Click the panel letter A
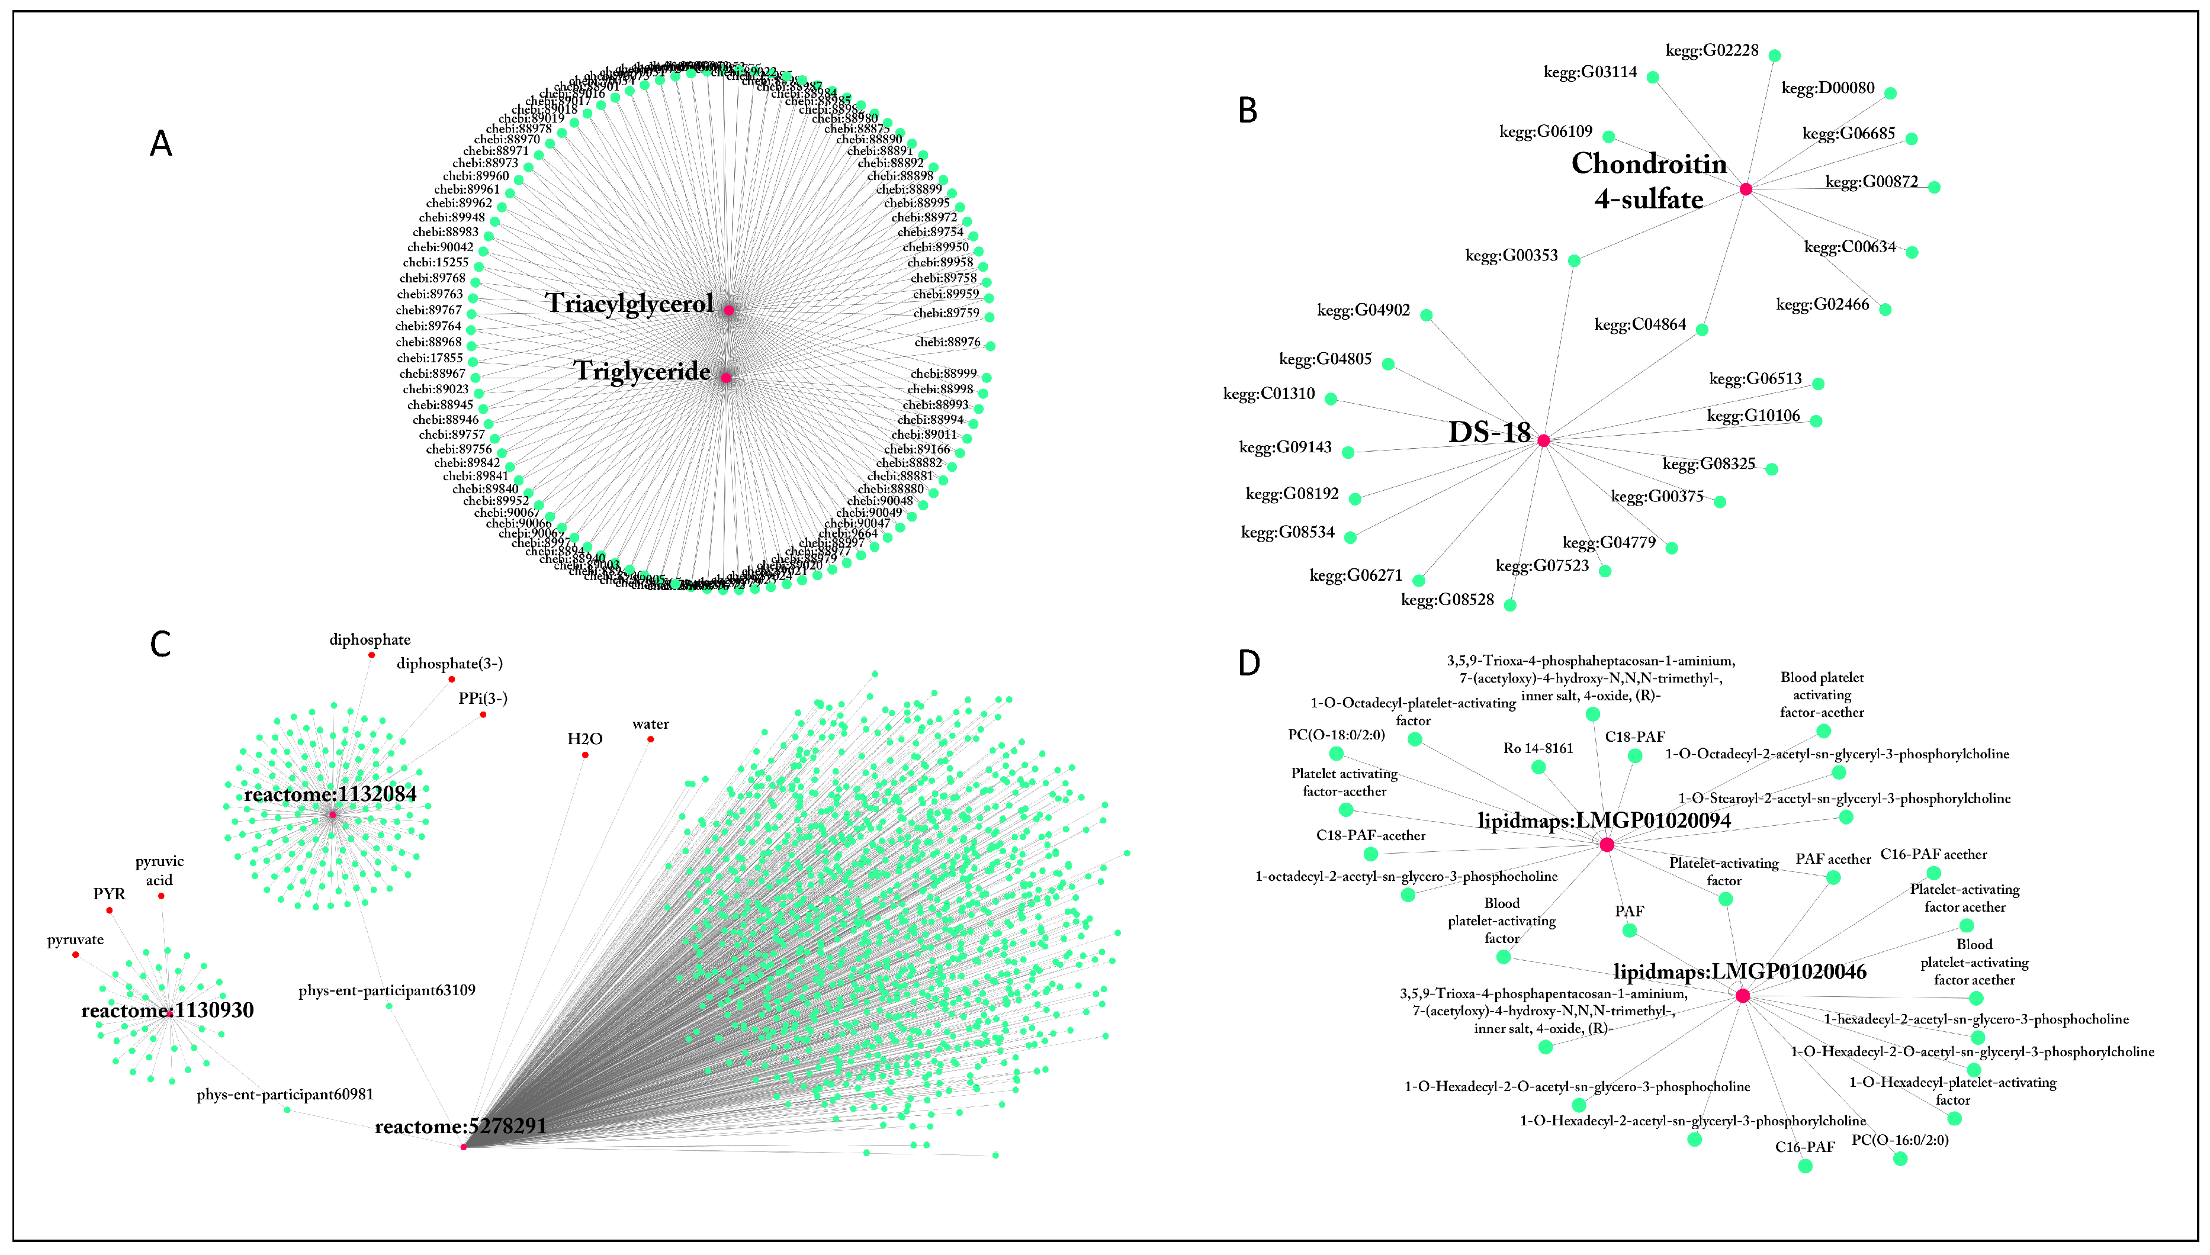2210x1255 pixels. pos(161,143)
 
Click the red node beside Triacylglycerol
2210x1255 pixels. pos(728,310)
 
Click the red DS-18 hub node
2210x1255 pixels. pos(1543,440)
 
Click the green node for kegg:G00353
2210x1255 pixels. pos(1573,260)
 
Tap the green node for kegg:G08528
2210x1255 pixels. pos(1510,605)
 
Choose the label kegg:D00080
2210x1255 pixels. pos(1827,88)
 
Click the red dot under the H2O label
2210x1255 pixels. pos(586,755)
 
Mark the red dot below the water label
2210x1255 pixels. pos(650,739)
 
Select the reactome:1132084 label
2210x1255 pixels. pos(330,794)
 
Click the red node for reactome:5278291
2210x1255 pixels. pos(464,1147)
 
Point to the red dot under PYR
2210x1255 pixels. pos(110,910)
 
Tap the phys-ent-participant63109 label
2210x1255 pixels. pos(387,990)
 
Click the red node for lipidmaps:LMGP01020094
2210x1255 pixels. pos(1607,845)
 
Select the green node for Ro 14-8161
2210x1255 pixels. pos(1538,767)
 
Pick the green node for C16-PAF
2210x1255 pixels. pos(1805,1166)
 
